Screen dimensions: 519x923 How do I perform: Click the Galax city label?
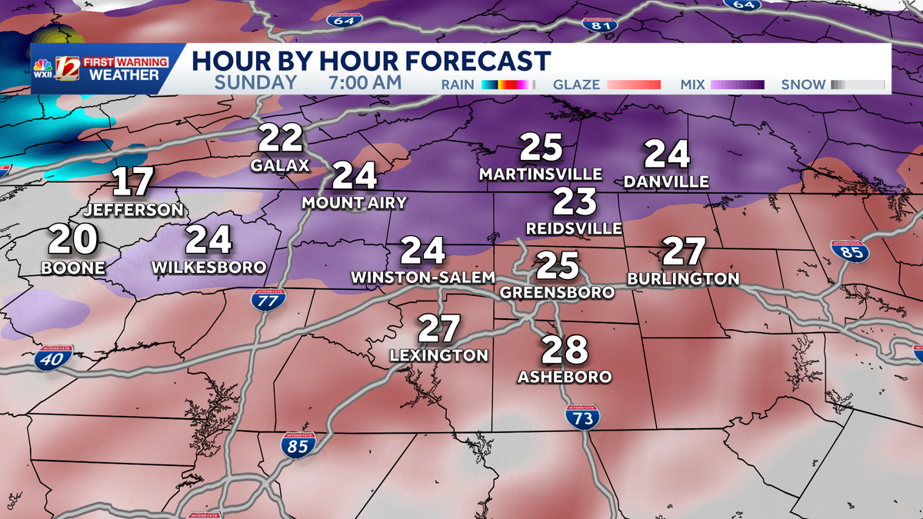tap(280, 165)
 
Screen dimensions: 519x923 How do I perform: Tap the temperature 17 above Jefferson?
tap(133, 184)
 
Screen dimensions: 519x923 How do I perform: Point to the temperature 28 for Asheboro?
tap(565, 351)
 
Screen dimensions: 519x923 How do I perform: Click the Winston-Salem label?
tap(422, 276)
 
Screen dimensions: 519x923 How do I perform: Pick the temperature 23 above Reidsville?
tap(575, 202)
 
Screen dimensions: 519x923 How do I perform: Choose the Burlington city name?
tap(683, 278)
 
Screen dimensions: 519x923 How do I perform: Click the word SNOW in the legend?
tap(803, 85)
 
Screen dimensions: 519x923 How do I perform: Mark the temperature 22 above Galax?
tap(280, 139)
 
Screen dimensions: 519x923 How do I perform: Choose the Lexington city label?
tap(438, 355)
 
